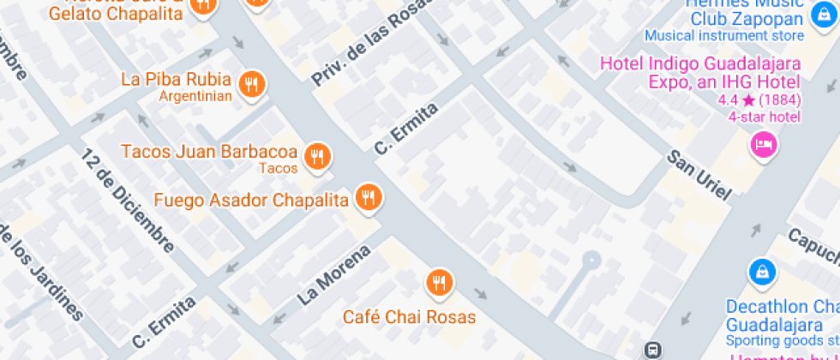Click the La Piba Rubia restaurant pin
(x=250, y=83)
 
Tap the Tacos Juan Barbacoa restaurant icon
(x=318, y=155)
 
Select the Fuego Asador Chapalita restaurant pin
(x=369, y=198)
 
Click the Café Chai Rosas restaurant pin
(x=439, y=281)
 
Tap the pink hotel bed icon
(x=763, y=142)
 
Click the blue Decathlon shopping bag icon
(x=761, y=273)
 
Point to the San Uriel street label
(x=699, y=177)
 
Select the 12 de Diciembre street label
(x=129, y=199)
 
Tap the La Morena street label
(x=334, y=275)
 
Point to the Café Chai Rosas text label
(x=409, y=317)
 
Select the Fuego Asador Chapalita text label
(x=251, y=201)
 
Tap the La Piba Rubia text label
(x=177, y=80)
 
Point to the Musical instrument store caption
(x=724, y=36)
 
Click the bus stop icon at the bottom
(x=652, y=349)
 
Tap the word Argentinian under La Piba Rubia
(x=195, y=96)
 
